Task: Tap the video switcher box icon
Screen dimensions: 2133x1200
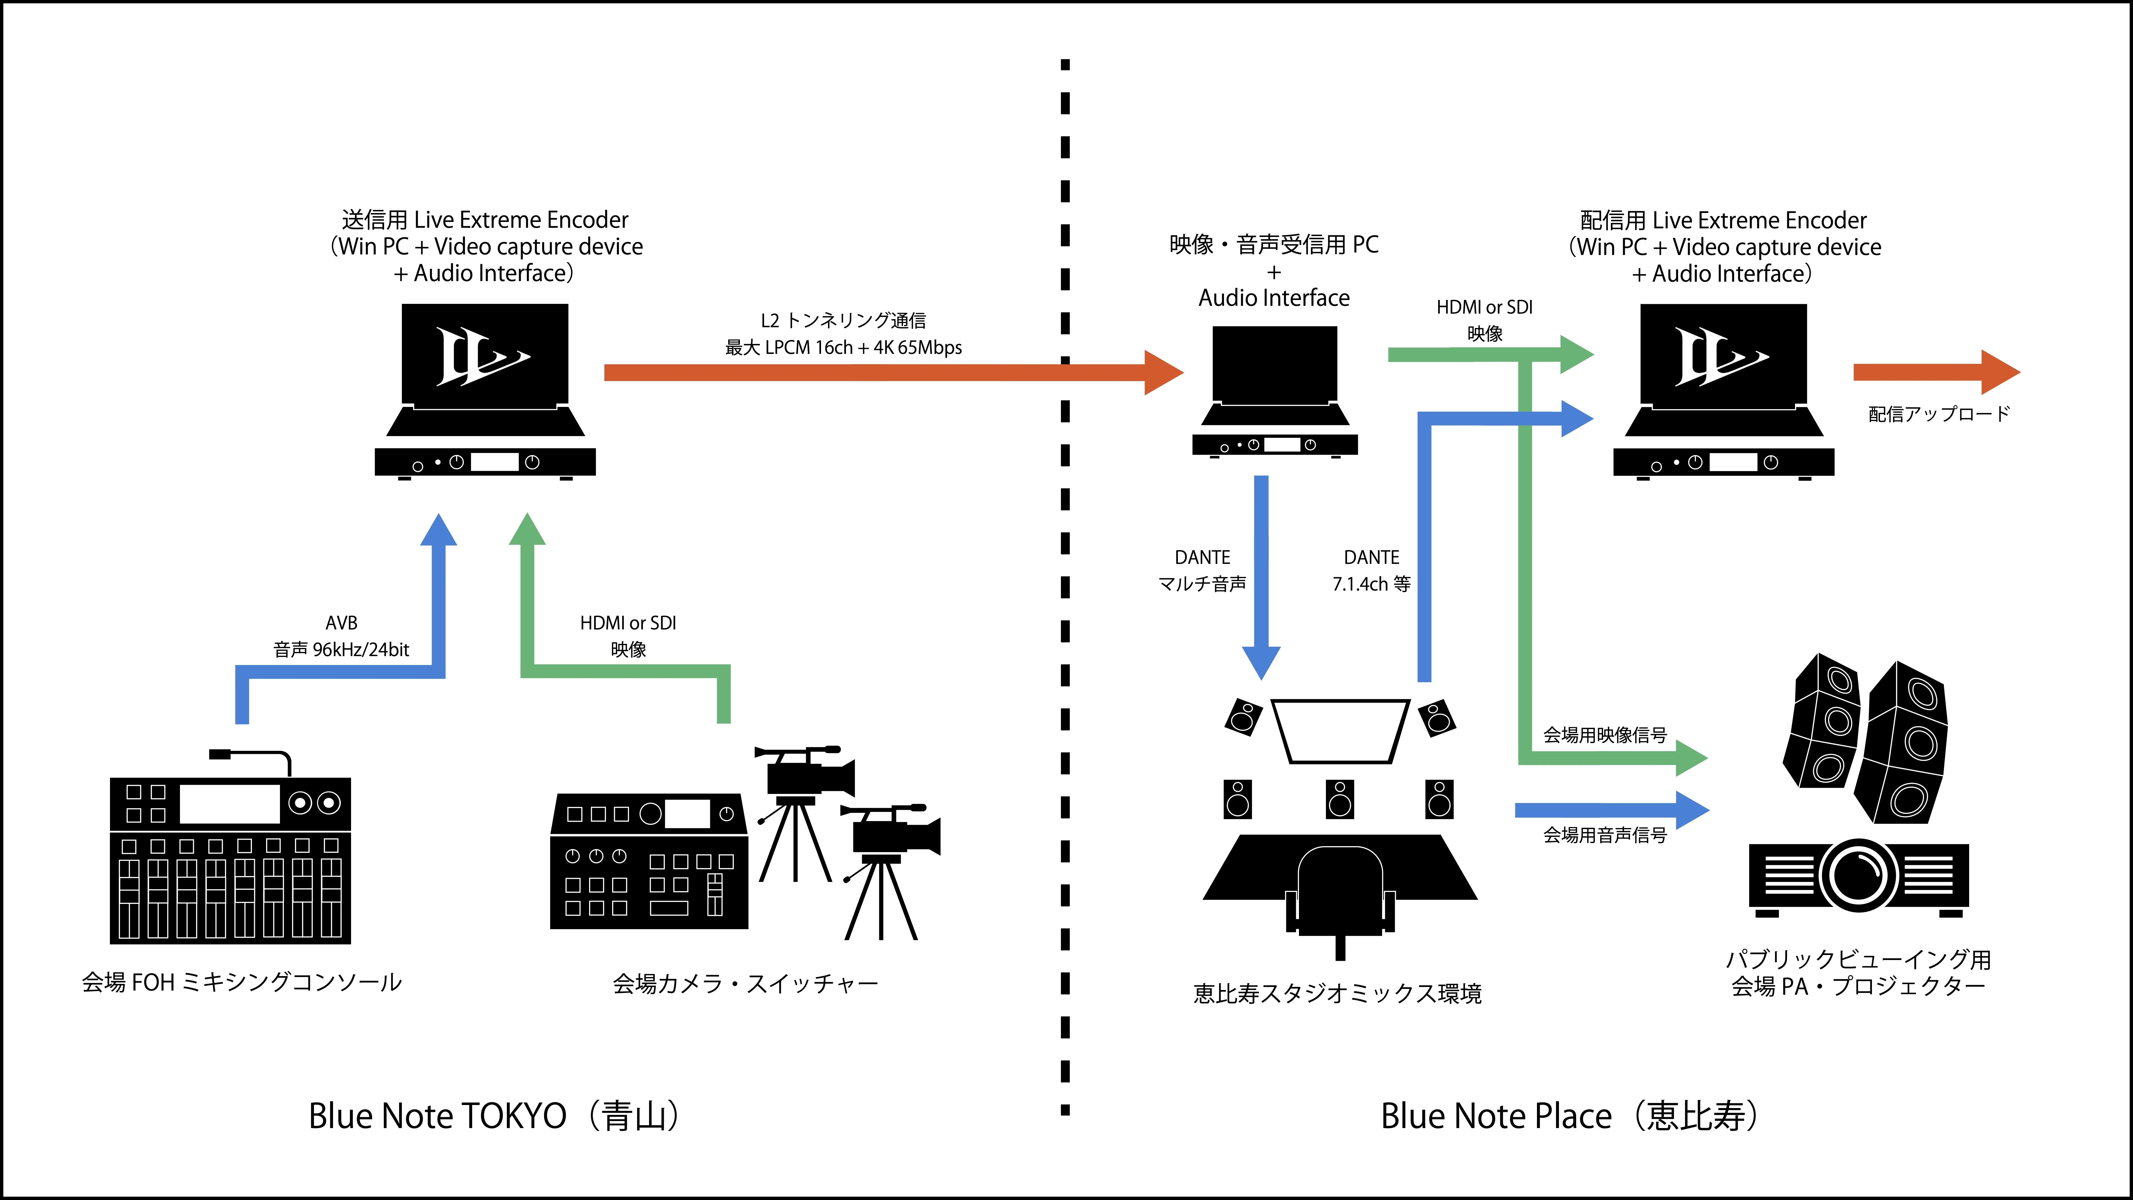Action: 649,861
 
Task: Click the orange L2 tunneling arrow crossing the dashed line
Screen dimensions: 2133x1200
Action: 894,373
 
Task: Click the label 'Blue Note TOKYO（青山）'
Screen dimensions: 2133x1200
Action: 495,1116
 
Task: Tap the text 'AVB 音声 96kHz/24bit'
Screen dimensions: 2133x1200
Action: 341,636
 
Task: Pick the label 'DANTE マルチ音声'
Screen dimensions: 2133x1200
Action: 1202,571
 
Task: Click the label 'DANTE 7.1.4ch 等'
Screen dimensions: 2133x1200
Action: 1371,571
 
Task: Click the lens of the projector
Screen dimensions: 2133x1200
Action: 1859,875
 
